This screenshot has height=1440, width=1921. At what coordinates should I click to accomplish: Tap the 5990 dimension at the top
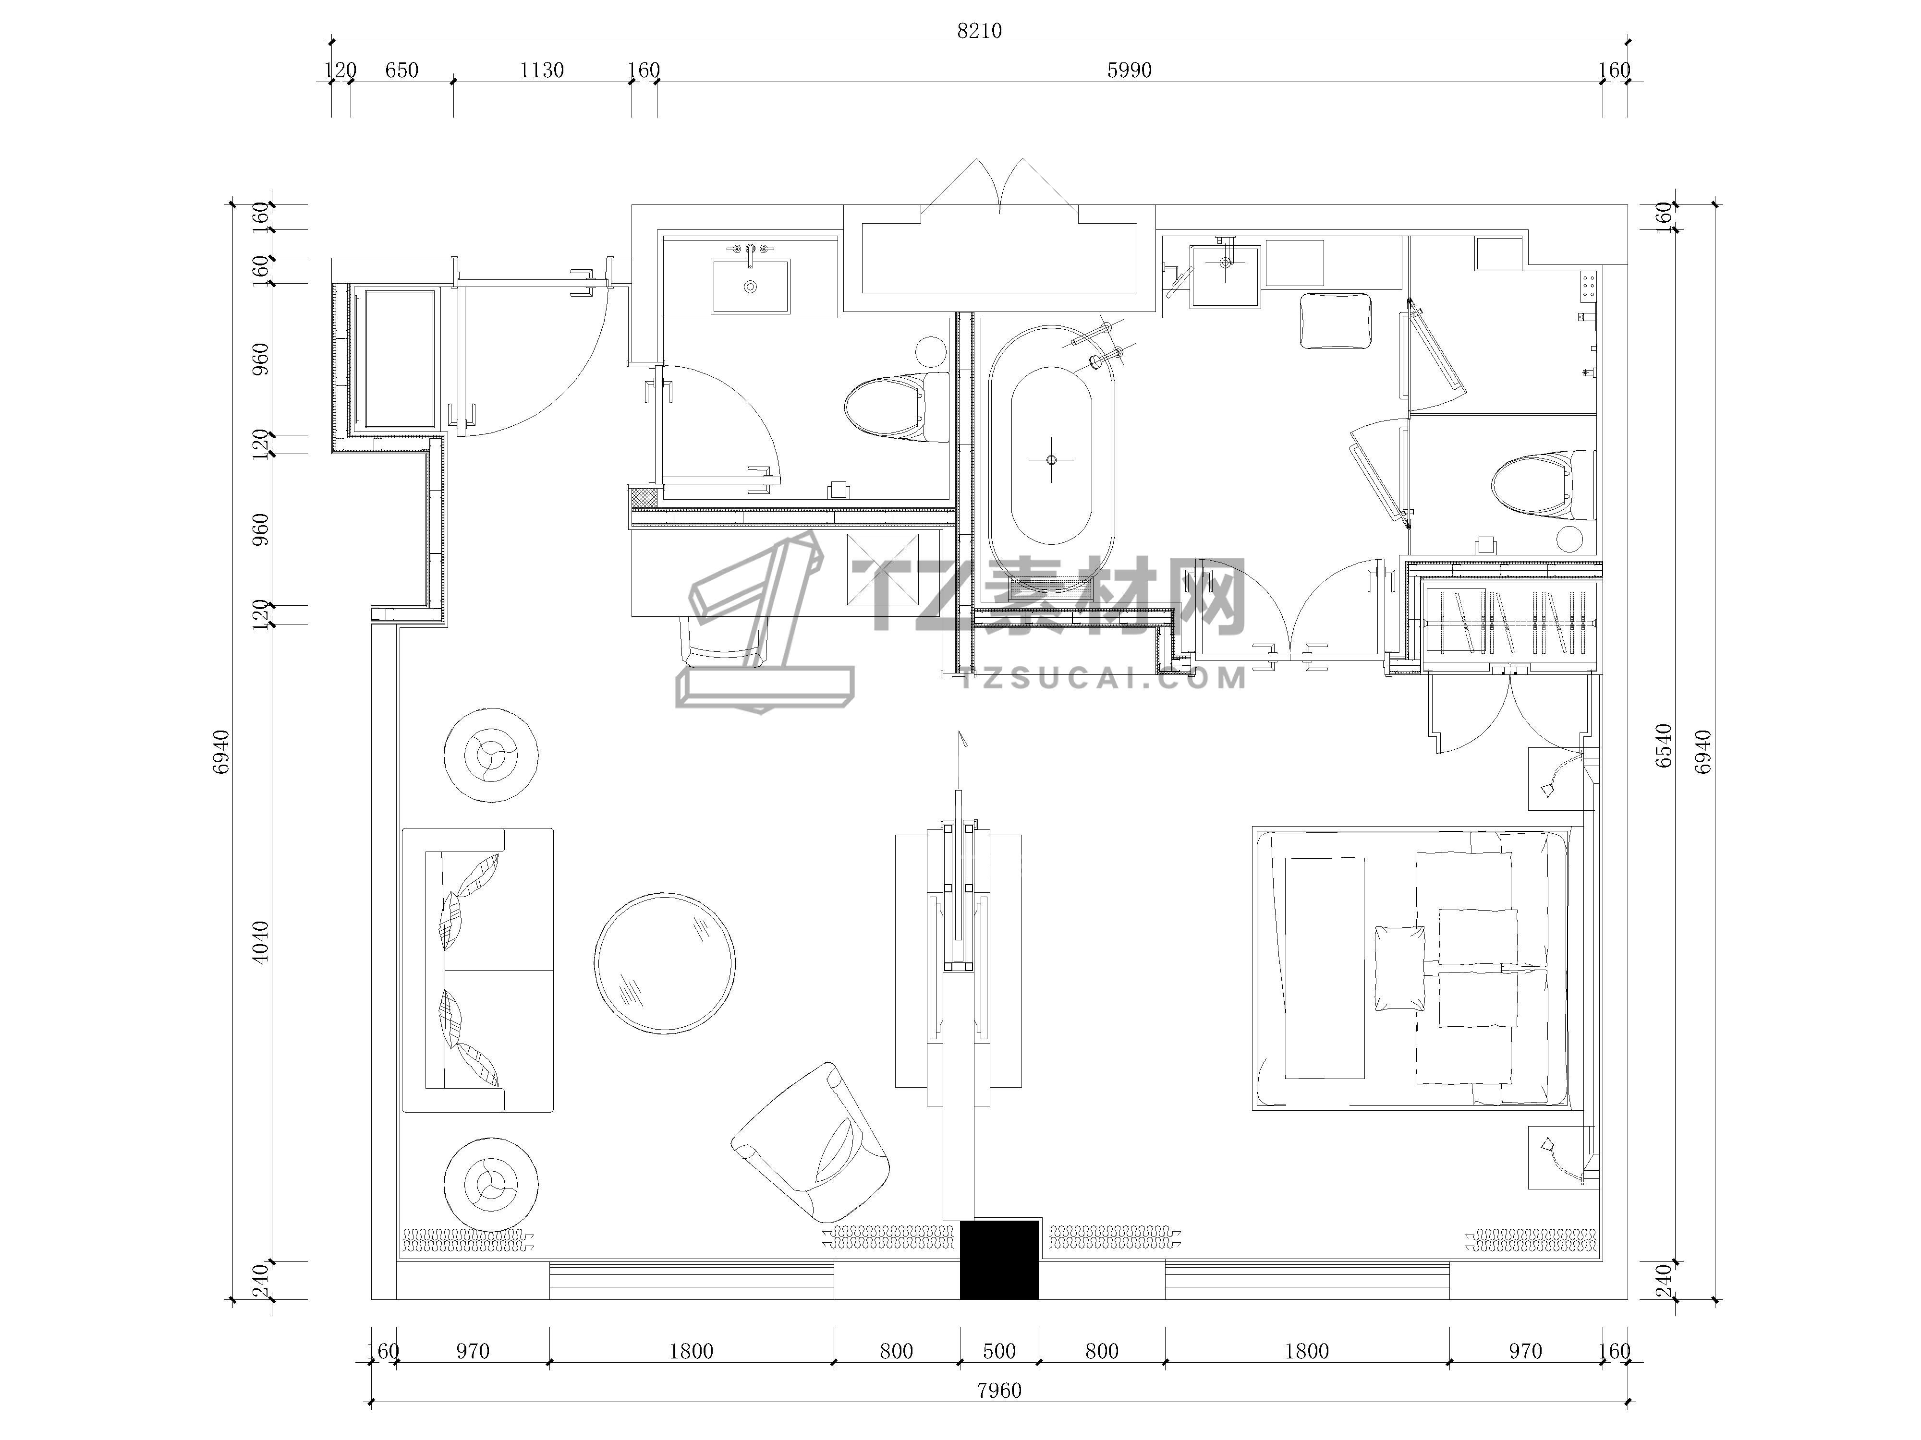(x=1129, y=70)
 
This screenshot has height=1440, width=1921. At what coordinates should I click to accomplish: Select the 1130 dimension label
(x=541, y=70)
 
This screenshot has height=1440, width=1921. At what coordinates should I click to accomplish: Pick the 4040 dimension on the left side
(x=260, y=942)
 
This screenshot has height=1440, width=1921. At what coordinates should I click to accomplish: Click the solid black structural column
(x=999, y=1260)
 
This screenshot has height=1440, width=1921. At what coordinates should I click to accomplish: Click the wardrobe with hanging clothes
(x=1510, y=623)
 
